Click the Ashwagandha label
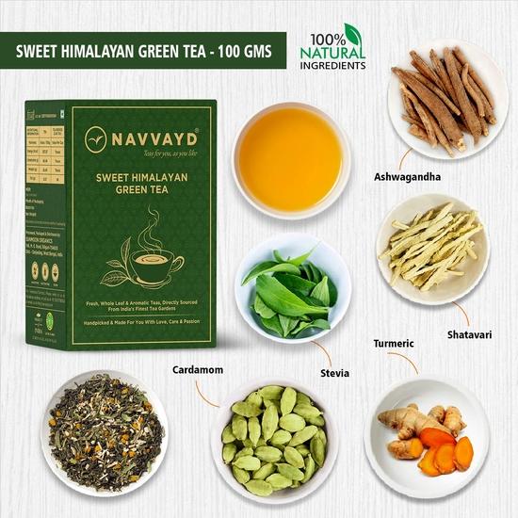click(408, 176)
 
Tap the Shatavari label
click(470, 334)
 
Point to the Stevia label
click(334, 373)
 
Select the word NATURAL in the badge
click(332, 54)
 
